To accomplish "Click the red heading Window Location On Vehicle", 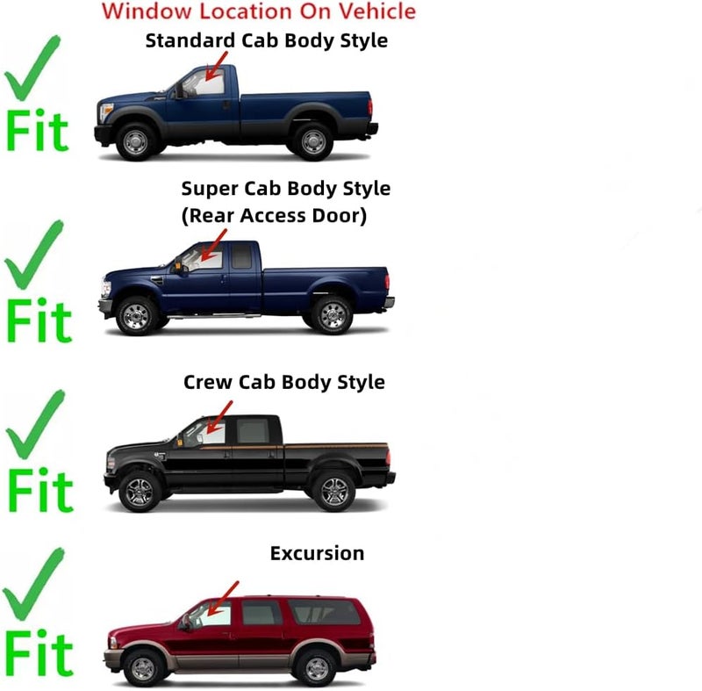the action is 259,11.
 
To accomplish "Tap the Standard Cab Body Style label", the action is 267,40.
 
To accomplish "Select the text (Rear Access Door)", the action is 274,215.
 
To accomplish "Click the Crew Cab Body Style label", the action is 283,382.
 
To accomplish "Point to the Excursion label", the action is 317,553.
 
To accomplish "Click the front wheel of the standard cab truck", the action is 135,142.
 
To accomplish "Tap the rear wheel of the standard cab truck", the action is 313,141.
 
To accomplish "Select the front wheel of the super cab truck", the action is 136,316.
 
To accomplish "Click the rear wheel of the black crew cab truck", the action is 334,491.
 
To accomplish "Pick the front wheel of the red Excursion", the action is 143,668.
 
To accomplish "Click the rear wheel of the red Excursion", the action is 316,668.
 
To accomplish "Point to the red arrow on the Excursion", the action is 223,599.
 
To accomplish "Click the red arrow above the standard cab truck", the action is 216,66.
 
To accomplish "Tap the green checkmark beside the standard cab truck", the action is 32,68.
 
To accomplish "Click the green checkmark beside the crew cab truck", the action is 35,425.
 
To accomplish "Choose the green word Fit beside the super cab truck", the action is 39,320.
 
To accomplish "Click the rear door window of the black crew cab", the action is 253,431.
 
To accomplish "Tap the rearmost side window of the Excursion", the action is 324,612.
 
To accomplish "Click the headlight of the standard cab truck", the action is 106,112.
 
